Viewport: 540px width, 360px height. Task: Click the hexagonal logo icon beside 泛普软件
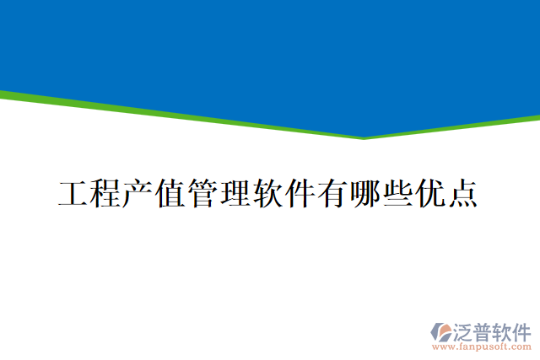[442, 330]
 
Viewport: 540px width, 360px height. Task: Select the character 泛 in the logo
[465, 329]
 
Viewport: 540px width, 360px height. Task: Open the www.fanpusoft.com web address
[482, 346]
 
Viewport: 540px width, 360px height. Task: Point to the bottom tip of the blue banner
[364, 136]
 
